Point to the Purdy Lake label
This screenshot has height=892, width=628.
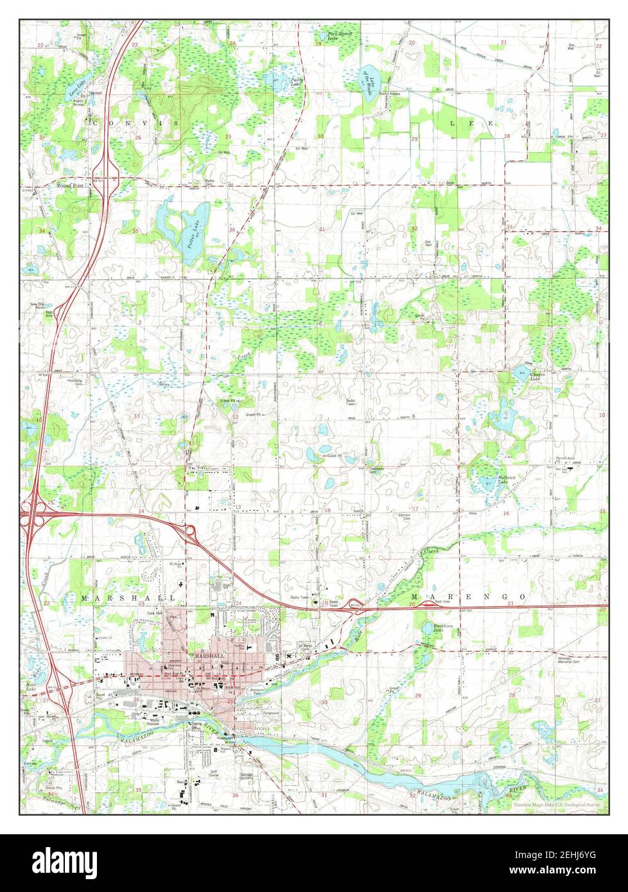click(295, 81)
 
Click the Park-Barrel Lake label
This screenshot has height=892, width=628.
click(340, 36)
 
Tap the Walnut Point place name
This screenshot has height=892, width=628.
click(70, 185)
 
